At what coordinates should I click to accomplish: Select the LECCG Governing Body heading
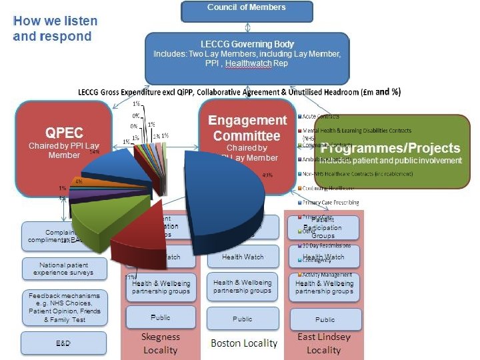pyautogui.click(x=247, y=44)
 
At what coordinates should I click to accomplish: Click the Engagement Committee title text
pyautogui.click(x=247, y=128)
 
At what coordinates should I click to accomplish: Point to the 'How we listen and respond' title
pyautogui.click(x=55, y=28)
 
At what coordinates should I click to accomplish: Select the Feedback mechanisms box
pyautogui.click(x=65, y=307)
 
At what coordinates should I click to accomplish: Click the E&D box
pyautogui.click(x=65, y=343)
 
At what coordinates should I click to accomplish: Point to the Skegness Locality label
pyautogui.click(x=160, y=343)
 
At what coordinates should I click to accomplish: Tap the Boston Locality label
pyautogui.click(x=243, y=343)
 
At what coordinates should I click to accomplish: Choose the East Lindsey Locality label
pyautogui.click(x=324, y=343)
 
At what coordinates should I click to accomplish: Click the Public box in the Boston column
pyautogui.click(x=243, y=319)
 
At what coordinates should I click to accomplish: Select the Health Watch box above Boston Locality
pyautogui.click(x=243, y=257)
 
